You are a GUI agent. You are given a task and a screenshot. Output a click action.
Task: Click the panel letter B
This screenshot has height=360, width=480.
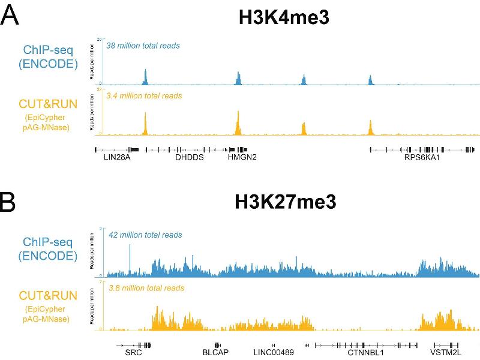point(10,203)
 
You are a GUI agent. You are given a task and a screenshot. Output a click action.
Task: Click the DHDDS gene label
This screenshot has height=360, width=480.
point(190,158)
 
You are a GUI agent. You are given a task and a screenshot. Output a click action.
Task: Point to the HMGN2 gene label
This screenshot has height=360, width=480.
point(242,158)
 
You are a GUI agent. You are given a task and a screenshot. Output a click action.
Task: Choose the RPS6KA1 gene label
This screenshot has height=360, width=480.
point(423,158)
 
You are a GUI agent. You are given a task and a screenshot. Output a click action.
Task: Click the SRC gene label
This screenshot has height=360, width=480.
point(134,353)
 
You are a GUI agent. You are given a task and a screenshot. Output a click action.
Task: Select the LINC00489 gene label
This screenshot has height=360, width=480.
point(274,353)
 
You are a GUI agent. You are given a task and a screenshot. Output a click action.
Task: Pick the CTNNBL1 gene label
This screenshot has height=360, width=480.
point(366,353)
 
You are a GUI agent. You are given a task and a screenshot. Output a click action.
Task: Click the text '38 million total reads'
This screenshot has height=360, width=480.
point(143,45)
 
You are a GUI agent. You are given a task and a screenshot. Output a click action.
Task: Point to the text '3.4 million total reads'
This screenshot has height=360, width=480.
point(143,95)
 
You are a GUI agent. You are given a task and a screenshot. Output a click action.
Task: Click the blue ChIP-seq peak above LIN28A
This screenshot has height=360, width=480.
point(145,77)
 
